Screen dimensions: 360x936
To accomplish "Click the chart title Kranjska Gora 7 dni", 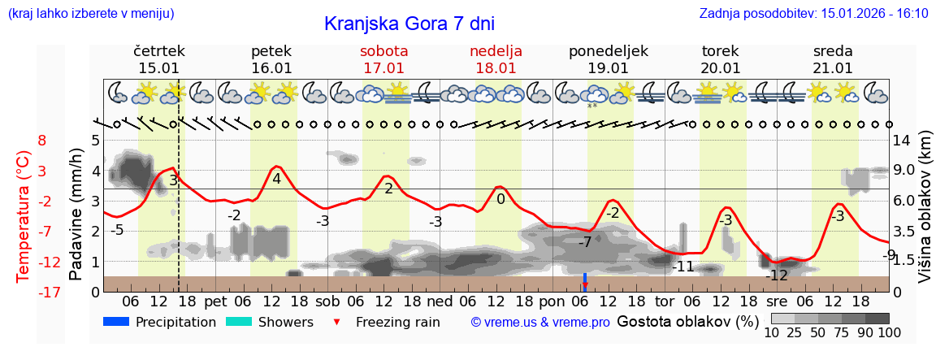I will (409, 24).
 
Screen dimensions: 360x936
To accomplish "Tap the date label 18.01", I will (496, 68).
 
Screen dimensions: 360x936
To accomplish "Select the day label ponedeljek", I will (608, 51).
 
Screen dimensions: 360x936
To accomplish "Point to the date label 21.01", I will (833, 68).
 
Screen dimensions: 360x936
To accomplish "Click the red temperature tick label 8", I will (41, 141).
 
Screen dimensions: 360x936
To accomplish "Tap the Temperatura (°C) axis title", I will (24, 217).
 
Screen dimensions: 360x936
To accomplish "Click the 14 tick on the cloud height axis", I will (902, 141).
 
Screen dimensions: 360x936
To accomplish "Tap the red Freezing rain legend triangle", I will (337, 323).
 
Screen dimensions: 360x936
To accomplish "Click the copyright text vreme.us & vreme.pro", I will (540, 323).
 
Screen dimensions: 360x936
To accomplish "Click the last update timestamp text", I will (813, 14).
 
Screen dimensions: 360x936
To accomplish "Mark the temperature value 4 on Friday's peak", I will (277, 179).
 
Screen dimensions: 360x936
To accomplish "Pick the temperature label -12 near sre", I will (777, 275).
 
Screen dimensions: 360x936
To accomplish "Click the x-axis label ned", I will (440, 301).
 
